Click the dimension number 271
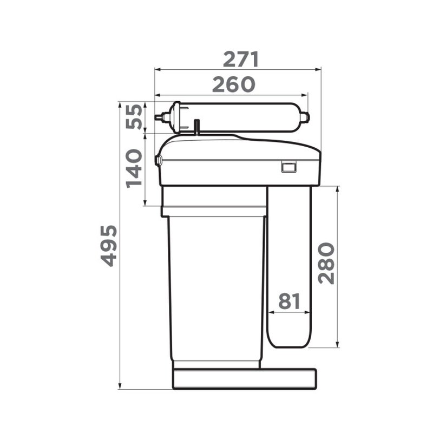pyautogui.click(x=241, y=59)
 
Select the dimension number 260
pyautogui.click(x=233, y=84)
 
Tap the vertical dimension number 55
pyautogui.click(x=135, y=116)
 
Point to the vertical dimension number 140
pyautogui.click(x=135, y=168)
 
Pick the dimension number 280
pyautogui.click(x=326, y=264)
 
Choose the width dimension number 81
pyautogui.click(x=289, y=301)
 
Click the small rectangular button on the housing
pyautogui.click(x=288, y=167)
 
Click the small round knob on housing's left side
pyautogui.click(x=158, y=160)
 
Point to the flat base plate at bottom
pyautogui.click(x=244, y=378)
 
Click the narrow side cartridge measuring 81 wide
pyautogui.click(x=289, y=254)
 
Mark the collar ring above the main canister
pyautogui.click(x=214, y=210)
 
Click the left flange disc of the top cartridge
pyautogui.click(x=175, y=117)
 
